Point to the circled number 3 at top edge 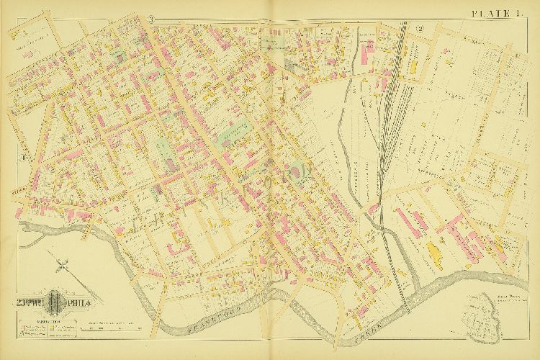coord(152,18)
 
